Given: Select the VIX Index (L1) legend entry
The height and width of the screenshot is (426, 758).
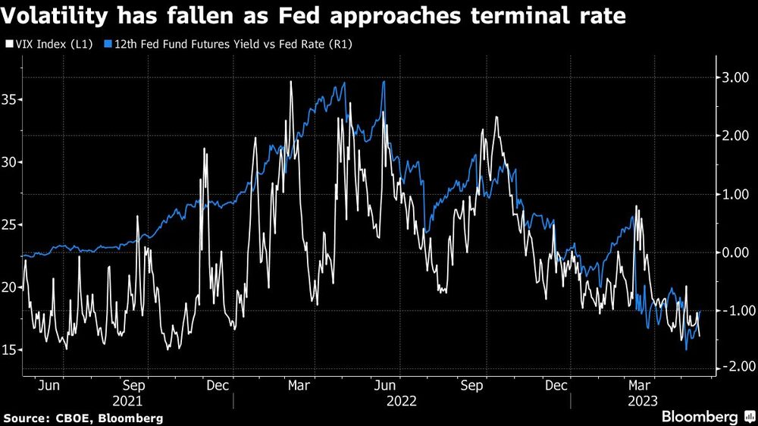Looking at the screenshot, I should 49,44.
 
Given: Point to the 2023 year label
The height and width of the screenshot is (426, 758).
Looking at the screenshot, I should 642,399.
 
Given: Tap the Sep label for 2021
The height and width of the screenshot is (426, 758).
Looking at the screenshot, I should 134,385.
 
